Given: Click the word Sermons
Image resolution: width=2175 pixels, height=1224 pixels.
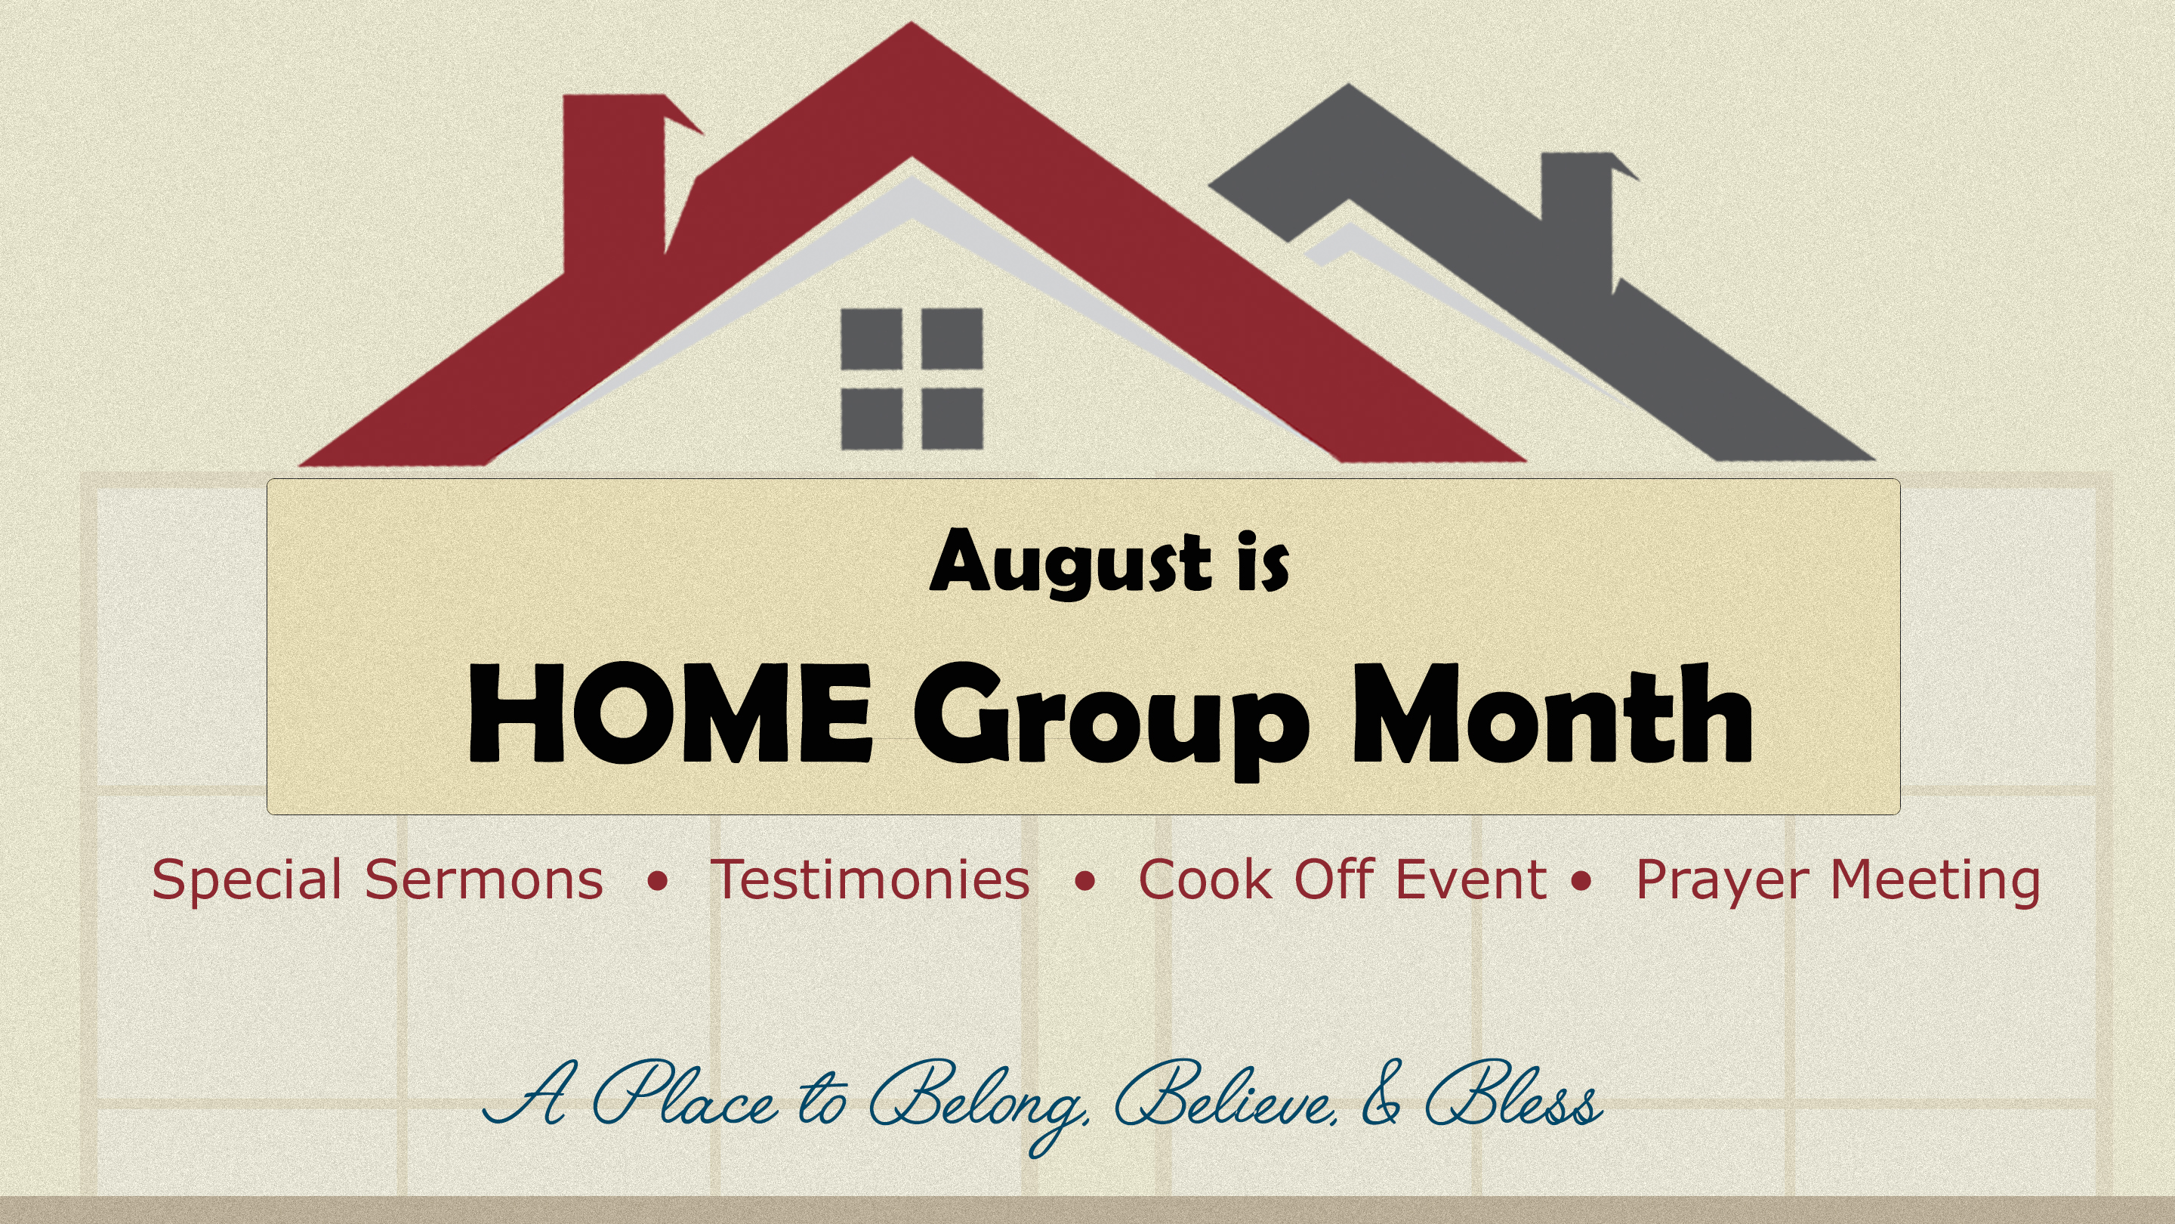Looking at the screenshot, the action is (x=484, y=879).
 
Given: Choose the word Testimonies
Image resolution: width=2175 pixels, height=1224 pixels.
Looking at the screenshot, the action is (x=871, y=879).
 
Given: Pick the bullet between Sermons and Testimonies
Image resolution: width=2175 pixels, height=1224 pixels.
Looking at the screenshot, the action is (x=657, y=882).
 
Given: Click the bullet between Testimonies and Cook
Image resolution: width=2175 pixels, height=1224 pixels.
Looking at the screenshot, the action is (x=1085, y=882).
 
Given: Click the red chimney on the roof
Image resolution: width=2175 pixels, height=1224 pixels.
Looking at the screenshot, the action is (x=614, y=181).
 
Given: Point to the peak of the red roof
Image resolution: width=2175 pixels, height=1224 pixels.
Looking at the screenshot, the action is (x=911, y=23).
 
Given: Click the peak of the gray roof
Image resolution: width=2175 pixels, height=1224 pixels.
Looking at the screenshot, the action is (x=1347, y=85).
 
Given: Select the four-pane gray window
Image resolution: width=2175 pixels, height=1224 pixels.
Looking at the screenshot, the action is (x=912, y=379).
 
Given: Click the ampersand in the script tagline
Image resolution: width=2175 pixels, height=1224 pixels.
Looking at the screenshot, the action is (x=1381, y=1095).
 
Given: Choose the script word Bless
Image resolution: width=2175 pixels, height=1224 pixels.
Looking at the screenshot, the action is (x=1513, y=1095).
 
